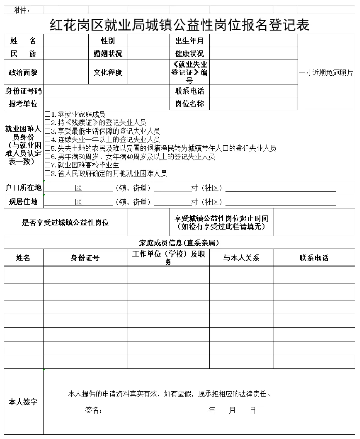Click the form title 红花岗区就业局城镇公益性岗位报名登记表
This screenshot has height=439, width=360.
(x=179, y=24)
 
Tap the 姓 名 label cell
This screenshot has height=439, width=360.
(x=23, y=41)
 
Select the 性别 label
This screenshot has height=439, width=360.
(x=108, y=41)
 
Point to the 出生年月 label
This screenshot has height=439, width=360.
(x=189, y=41)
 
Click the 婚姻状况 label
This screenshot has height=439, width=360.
(x=108, y=54)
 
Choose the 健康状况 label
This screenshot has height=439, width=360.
(x=189, y=54)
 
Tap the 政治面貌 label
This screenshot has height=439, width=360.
(x=23, y=73)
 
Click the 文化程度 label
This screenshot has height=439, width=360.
(x=108, y=73)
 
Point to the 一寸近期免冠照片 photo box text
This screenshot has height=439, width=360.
(x=326, y=73)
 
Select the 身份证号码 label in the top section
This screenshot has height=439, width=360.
(x=23, y=91)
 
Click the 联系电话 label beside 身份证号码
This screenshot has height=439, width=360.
(x=189, y=91)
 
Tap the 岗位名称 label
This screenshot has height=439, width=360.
(x=189, y=104)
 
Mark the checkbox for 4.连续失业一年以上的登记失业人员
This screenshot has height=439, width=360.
(x=48, y=140)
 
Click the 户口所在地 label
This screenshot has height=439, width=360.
(x=23, y=187)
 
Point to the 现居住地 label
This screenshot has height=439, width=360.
(x=23, y=202)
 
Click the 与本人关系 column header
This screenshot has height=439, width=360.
(x=242, y=258)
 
